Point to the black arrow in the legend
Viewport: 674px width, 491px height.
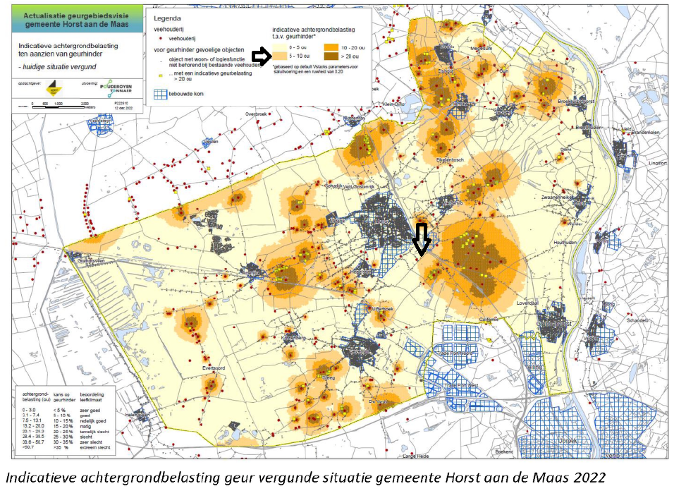262,56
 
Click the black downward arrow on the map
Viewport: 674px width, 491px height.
421,239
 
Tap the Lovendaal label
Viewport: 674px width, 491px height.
528,302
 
